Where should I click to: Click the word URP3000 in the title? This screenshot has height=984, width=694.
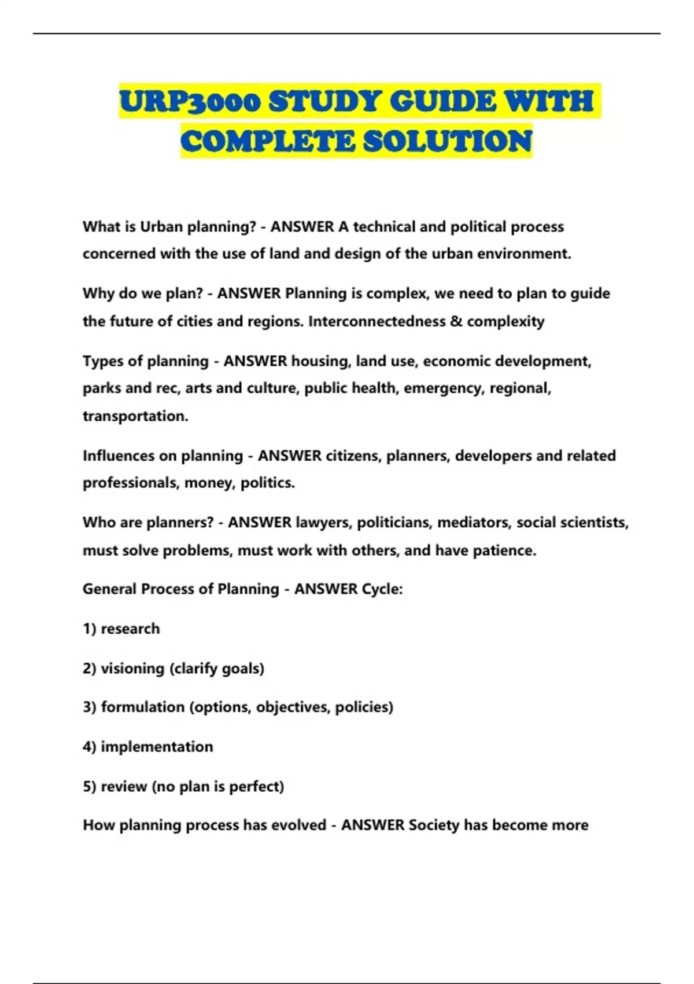190,101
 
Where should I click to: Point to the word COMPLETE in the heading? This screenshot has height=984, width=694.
268,141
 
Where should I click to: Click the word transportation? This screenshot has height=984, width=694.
135,416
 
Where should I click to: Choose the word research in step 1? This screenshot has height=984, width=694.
130,629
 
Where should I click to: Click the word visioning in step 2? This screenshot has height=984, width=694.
132,669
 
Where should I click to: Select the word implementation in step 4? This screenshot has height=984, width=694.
157,747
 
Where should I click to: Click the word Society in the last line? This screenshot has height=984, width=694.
434,825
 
